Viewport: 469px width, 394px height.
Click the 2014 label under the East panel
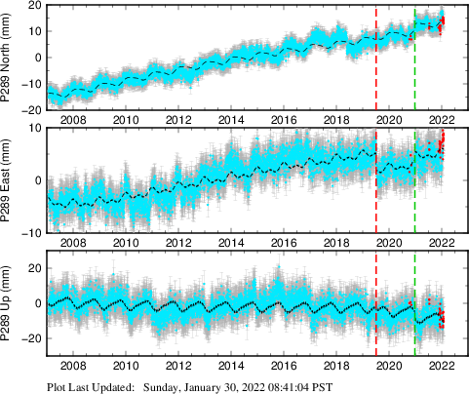(x=231, y=243)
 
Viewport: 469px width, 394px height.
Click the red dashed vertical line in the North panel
(x=376, y=59)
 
